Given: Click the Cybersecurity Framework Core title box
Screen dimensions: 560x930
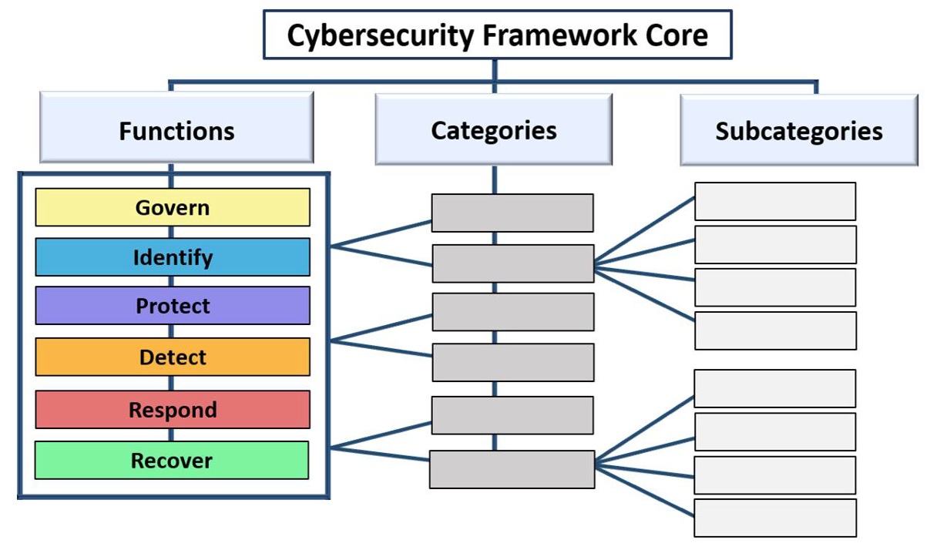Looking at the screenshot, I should (497, 35).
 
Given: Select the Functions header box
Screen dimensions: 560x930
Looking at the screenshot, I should (176, 129).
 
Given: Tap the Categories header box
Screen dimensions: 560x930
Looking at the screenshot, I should (493, 129).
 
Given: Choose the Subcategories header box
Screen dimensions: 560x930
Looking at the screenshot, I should (798, 130).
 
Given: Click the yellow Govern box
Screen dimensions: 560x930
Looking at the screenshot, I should (173, 207).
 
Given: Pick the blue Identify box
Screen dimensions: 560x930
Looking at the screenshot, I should (173, 257).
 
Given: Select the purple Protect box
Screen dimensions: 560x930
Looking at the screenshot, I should (173, 306).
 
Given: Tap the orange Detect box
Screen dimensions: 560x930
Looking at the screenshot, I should (173, 357).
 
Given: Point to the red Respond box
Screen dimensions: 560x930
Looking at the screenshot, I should (173, 409).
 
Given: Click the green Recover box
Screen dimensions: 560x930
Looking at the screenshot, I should (172, 461).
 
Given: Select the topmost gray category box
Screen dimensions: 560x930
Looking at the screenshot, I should (512, 213).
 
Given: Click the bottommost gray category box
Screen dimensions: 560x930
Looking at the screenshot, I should (512, 469).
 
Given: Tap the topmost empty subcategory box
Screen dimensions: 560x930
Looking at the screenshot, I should (775, 201).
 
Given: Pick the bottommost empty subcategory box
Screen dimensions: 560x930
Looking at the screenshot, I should (775, 518).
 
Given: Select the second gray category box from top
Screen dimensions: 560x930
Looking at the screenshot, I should (512, 263).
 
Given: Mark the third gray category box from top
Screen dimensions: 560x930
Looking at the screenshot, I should (512, 312).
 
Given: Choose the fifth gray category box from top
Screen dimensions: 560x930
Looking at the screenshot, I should (512, 415).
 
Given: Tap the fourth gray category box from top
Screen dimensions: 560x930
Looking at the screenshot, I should (512, 362).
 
